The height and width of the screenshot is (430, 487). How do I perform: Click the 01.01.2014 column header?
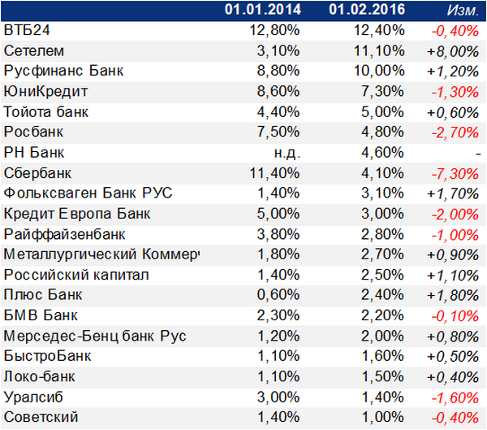pyautogui.click(x=263, y=9)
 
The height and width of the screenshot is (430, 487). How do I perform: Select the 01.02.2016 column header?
pyautogui.click(x=367, y=9)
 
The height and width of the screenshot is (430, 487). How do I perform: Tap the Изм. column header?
pyautogui.click(x=463, y=11)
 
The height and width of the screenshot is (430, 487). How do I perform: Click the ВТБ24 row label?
pyautogui.click(x=27, y=30)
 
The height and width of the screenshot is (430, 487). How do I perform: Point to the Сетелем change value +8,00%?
pyautogui.click(x=453, y=51)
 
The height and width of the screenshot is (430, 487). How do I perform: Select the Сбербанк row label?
pyautogui.click(x=37, y=173)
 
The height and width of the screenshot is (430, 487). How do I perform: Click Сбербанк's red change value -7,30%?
pyautogui.click(x=455, y=174)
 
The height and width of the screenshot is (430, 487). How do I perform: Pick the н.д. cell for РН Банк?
pyautogui.click(x=287, y=153)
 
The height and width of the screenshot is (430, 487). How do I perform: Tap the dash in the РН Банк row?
pyautogui.click(x=478, y=154)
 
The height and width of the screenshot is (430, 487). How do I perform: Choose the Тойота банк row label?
pyautogui.click(x=46, y=112)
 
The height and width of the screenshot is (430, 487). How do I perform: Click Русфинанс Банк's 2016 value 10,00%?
pyautogui.click(x=380, y=71)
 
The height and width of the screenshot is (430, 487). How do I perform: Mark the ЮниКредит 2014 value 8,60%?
pyautogui.click(x=278, y=92)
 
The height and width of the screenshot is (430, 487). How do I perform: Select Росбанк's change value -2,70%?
pyautogui.click(x=455, y=132)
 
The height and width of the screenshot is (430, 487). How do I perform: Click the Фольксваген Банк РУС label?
pyautogui.click(x=88, y=193)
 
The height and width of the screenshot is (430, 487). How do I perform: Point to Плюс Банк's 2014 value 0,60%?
pyautogui.click(x=278, y=295)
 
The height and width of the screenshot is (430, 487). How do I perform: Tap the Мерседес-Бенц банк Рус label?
pyautogui.click(x=95, y=336)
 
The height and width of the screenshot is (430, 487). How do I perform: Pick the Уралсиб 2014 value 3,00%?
pyautogui.click(x=278, y=397)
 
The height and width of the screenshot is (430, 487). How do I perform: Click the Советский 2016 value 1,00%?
pyautogui.click(x=383, y=417)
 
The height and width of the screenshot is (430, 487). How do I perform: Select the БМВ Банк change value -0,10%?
pyautogui.click(x=455, y=316)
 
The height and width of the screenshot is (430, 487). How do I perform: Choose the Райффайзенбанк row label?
pyautogui.click(x=64, y=234)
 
